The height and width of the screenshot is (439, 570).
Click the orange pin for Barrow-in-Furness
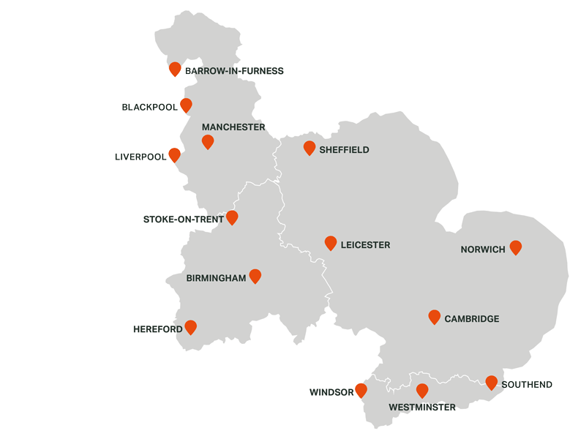pos(175,69)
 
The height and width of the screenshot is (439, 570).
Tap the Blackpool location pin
pos(186,105)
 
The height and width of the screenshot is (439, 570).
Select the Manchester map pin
pos(208,141)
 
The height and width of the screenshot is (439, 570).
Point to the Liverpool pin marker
pos(174,154)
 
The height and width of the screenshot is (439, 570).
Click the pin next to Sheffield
pos(310,148)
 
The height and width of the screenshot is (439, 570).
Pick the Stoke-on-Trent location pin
pos(232,217)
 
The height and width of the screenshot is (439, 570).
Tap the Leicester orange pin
pos(331,243)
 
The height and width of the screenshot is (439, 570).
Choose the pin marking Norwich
pos(516,247)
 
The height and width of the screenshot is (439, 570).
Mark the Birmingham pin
pos(255,276)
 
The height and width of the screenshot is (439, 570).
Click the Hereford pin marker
pos(191,327)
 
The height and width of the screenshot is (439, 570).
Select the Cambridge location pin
pos(434,317)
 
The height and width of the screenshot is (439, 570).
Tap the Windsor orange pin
pos(361,390)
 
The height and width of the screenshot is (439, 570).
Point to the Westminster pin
pos(422,391)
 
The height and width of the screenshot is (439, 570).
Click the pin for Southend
pos(491,382)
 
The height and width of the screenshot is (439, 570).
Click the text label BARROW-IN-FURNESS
pos(234,71)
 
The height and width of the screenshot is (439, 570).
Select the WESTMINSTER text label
pos(422,408)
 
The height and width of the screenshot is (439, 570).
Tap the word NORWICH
pos(483,249)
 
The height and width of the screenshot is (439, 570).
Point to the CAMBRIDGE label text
pos(472,319)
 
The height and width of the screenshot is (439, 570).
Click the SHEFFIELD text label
pos(345,150)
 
